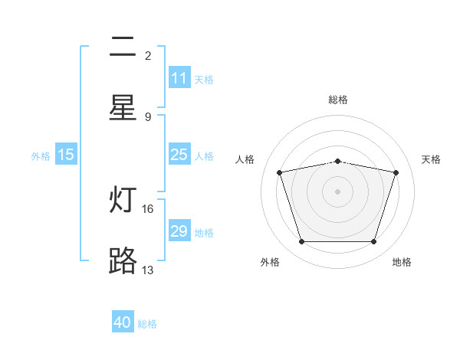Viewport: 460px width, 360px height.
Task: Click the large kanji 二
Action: coord(123,47)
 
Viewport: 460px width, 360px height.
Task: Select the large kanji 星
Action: coord(123,107)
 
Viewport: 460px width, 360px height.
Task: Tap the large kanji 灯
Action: coord(123,199)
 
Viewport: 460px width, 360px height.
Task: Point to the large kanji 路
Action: coord(123,260)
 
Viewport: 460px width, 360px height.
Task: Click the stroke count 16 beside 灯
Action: coord(147,209)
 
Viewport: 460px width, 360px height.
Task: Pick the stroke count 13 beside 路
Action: coord(147,270)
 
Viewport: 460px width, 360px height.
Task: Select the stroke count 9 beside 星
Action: coord(148,117)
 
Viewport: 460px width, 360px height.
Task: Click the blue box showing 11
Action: coord(179,77)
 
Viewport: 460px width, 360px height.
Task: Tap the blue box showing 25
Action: coord(179,154)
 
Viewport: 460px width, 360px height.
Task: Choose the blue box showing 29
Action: coord(179,230)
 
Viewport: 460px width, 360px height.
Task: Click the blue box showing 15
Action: coord(66,154)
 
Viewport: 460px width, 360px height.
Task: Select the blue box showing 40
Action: coord(123,321)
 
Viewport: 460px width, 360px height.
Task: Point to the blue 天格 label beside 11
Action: coord(204,80)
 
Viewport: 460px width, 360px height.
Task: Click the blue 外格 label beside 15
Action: coord(41,156)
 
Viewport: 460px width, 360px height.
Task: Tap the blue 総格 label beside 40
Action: coord(147,324)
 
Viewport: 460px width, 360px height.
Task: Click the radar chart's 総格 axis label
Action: coord(338,100)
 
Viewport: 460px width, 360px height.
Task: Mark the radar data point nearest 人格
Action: coord(280,172)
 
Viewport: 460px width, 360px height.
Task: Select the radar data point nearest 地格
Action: coord(374,242)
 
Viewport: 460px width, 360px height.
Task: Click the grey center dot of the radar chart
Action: coord(337,191)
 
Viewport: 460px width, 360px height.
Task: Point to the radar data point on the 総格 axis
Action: coord(337,162)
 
